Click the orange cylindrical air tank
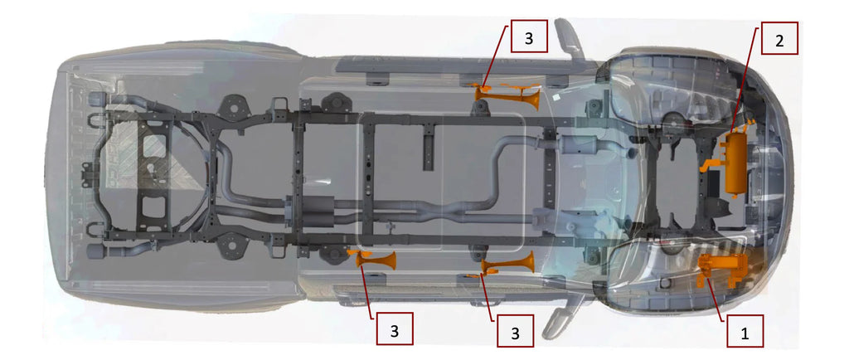tap(735, 164)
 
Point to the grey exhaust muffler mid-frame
tap(308, 207)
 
